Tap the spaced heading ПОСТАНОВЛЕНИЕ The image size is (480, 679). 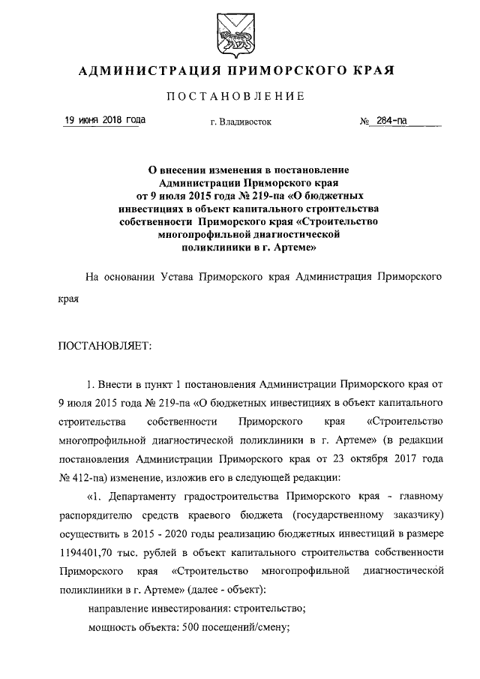240,97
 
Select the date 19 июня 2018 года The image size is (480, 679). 104,120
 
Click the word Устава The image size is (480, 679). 179,277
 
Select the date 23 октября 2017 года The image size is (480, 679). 386,459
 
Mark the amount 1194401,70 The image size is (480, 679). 93,552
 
